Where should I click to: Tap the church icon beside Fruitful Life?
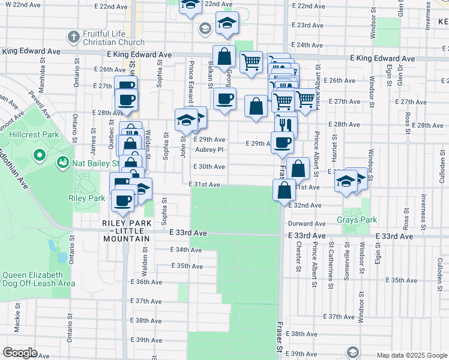[73, 37]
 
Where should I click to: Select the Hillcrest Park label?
[35, 134]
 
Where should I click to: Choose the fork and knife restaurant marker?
[286, 125]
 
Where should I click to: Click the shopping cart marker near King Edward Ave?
[251, 61]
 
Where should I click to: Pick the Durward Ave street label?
[310, 223]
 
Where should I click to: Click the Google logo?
[20, 353]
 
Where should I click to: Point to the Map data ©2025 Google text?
[411, 355]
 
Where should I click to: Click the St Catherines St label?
[331, 256]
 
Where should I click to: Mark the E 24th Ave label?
[310, 45]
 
